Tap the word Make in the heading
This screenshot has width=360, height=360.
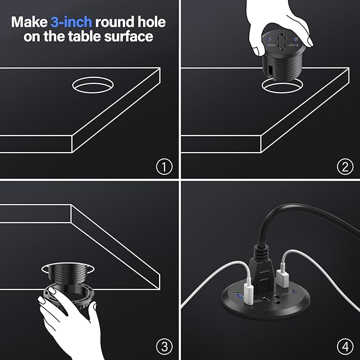29,22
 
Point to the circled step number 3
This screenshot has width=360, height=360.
164,347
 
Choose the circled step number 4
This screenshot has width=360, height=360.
345,347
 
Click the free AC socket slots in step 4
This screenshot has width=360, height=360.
277,304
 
